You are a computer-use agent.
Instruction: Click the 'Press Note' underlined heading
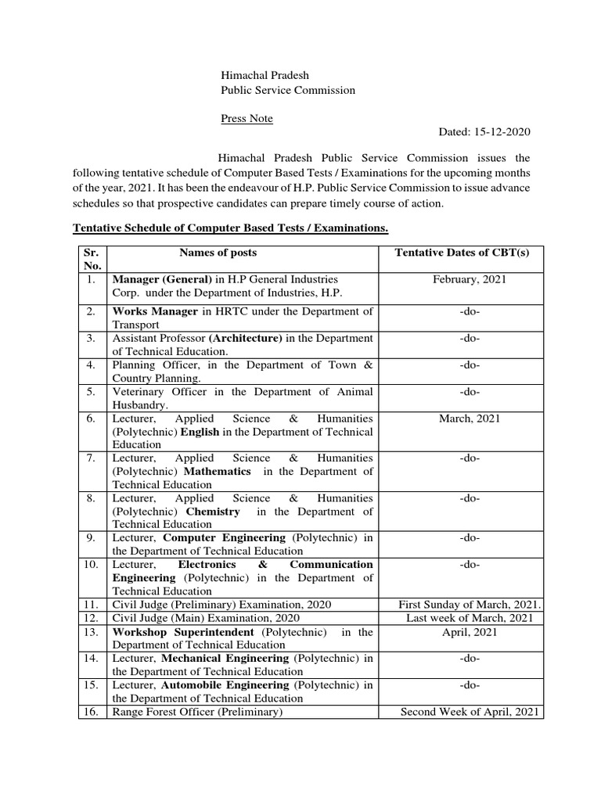[247, 118]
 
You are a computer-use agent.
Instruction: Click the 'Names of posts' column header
[218, 253]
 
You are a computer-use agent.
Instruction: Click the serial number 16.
[92, 712]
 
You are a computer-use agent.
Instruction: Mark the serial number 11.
[92, 605]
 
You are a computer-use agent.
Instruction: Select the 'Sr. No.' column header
[92, 259]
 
